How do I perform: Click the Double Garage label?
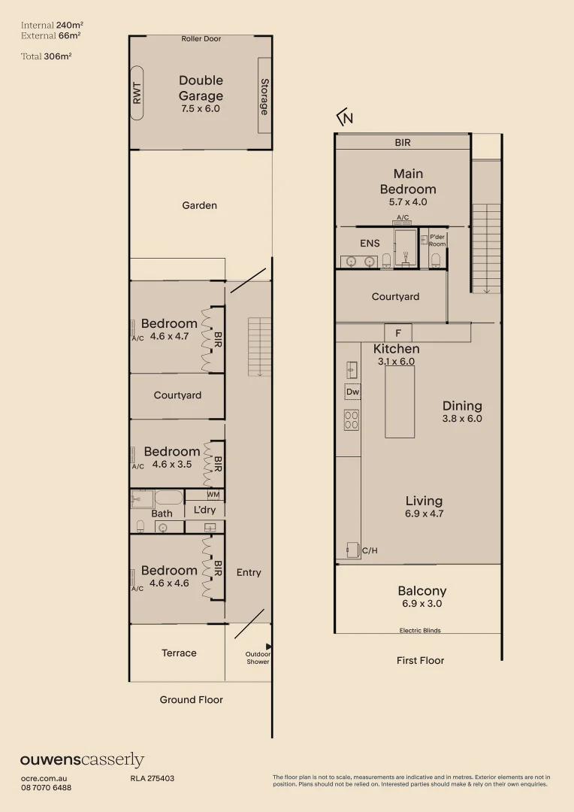coord(201,88)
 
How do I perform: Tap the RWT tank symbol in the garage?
coord(137,93)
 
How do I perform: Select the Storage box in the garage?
coord(264,95)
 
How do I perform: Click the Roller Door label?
coord(201,39)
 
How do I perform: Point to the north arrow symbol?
coord(345,117)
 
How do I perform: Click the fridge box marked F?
coord(397,332)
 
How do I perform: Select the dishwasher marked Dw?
coord(352,392)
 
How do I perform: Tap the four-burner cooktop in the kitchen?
coord(352,420)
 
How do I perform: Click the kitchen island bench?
coord(400,402)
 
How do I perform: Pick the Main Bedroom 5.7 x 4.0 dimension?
coord(407,202)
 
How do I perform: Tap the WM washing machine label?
coord(213,495)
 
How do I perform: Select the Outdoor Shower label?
coord(257,658)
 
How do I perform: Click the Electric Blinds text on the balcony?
coord(419,631)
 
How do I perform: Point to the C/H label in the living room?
coord(370,551)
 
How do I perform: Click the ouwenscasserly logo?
coord(82,760)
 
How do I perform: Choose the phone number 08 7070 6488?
coord(46,787)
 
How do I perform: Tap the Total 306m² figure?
coord(46,56)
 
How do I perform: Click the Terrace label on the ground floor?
coord(179,653)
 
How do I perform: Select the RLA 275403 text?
coord(153,778)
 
